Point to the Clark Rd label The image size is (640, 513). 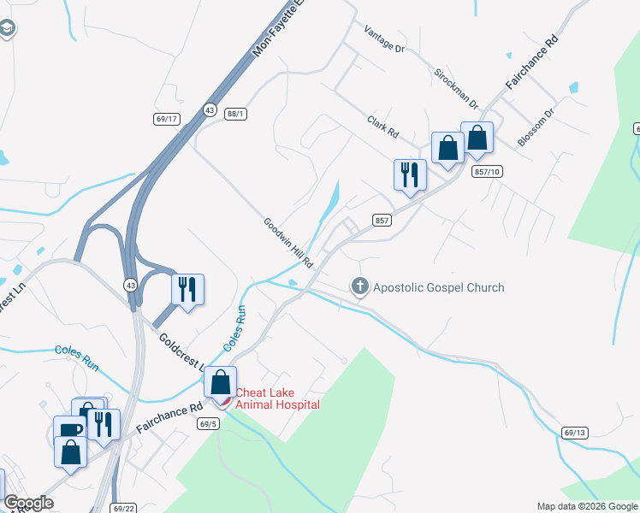382,127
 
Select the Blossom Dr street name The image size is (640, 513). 536,127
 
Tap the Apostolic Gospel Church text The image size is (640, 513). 438,287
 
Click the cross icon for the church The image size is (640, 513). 360,286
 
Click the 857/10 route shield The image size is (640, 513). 485,172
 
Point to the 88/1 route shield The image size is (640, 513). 236,113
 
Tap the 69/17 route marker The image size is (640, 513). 167,119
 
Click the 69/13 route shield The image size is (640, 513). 575,433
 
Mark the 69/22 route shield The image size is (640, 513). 124,507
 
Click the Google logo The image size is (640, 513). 28,503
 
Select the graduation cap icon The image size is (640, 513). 7,30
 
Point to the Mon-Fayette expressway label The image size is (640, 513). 279,32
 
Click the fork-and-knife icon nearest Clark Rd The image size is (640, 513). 409,174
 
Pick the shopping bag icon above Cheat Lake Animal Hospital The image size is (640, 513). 220,381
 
